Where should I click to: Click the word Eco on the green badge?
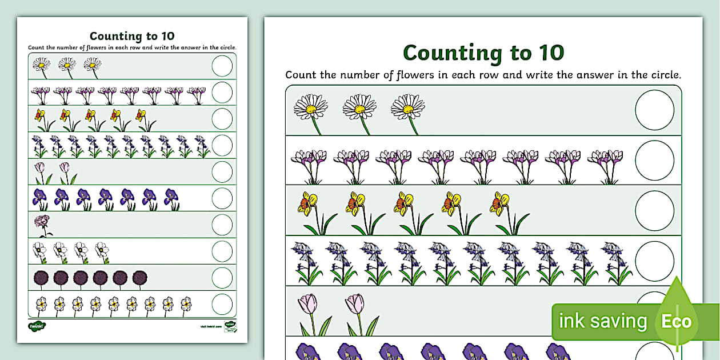(677, 322)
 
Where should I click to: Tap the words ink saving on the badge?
(602, 322)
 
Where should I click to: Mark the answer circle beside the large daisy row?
(654, 110)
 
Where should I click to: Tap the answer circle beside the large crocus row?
(654, 160)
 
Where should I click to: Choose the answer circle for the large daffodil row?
(654, 210)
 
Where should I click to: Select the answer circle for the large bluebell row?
(654, 261)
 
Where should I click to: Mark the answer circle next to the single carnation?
(222, 225)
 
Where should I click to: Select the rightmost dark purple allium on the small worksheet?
(140, 278)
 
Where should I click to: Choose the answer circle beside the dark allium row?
(222, 278)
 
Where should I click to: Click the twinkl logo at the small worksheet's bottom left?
(37, 326)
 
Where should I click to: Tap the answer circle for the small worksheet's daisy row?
(222, 66)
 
